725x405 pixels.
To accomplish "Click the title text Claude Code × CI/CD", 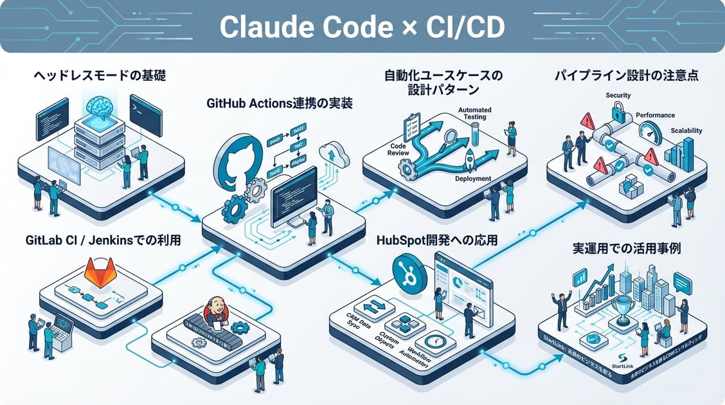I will pos(362,26).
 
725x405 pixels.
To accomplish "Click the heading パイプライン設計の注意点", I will pos(626,76).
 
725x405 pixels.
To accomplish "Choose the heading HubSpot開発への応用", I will pos(440,241).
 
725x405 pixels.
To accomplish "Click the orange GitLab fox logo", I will pos(98,273).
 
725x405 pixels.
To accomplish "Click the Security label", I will pos(618,96).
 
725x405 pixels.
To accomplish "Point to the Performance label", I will pos(655,115).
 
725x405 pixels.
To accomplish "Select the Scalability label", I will pos(686,130).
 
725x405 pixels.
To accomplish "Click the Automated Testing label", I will pos(475,114).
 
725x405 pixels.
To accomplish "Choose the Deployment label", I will pos(472,179).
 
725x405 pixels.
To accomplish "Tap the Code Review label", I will pos(398,150).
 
